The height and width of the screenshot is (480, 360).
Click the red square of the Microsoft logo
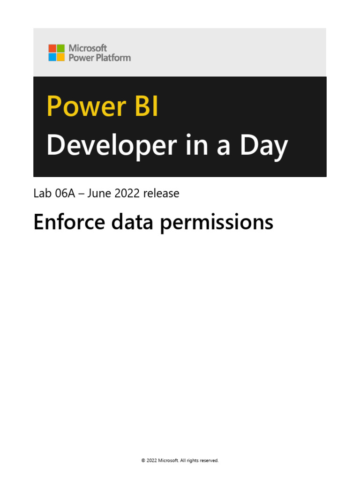coord(52,48)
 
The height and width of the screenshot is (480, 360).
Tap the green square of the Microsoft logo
coord(60,48)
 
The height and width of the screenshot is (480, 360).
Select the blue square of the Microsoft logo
coord(52,57)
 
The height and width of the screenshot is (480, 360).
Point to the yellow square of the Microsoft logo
coord(60,57)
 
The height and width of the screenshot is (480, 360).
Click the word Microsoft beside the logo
coord(88,48)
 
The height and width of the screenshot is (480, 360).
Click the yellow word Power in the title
coord(82,107)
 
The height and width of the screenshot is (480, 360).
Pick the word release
coord(162,193)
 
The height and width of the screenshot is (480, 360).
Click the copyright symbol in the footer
coord(143,461)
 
